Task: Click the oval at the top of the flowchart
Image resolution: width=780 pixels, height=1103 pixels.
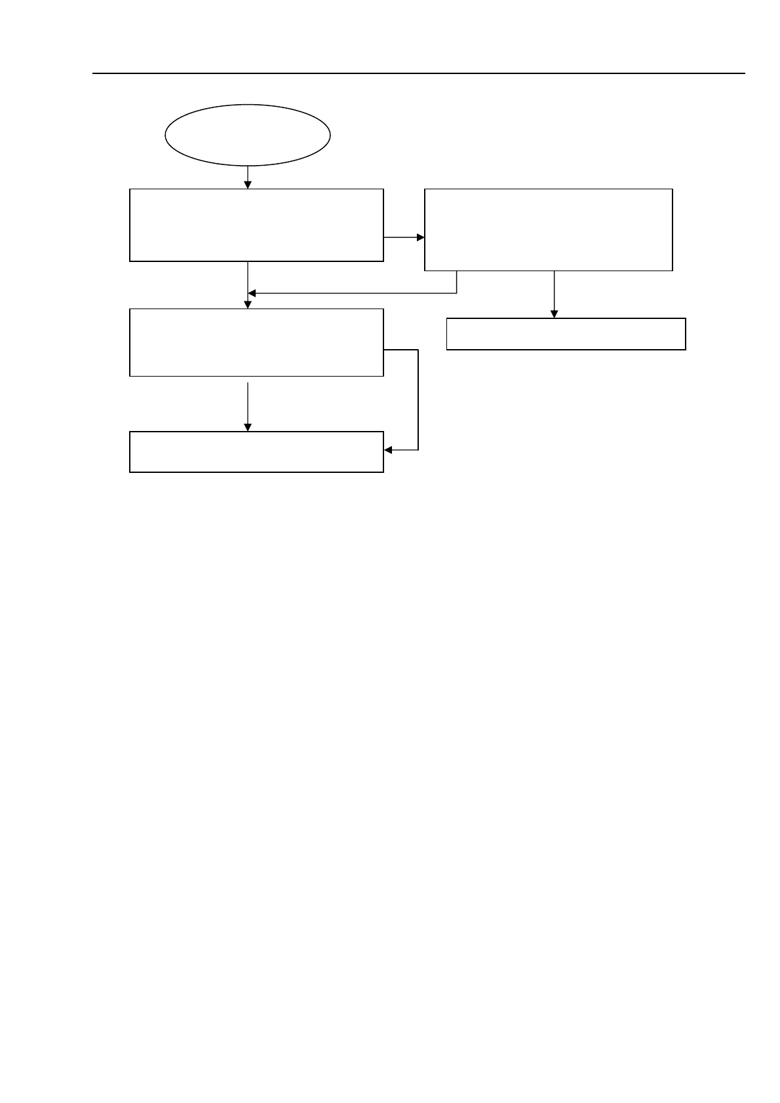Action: tap(247, 135)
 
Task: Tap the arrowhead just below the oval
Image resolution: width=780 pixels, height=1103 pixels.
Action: tap(248, 185)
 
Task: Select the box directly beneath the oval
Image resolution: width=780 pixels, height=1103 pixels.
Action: tap(256, 225)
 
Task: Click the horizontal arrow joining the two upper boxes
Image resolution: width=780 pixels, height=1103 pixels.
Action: tap(404, 237)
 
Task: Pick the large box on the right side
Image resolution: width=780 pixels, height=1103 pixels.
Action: tap(549, 229)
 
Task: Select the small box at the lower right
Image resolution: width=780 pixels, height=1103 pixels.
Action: tap(566, 334)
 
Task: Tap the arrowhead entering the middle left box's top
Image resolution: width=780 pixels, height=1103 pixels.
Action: tap(248, 305)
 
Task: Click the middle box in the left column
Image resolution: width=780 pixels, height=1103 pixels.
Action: tap(256, 342)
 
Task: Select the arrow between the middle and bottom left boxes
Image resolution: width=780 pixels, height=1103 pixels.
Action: tap(248, 406)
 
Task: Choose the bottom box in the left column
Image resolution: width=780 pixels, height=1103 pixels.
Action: tap(256, 452)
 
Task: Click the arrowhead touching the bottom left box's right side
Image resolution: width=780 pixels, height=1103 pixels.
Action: tap(387, 450)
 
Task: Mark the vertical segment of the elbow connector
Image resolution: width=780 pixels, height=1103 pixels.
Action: tap(418, 400)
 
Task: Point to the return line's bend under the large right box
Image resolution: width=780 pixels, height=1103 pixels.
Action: tap(456, 293)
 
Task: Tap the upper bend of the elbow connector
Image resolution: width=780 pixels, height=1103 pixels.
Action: tap(418, 350)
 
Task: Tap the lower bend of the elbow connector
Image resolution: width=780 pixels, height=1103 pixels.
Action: tap(418, 450)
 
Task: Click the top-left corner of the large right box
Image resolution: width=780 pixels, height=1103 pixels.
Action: tap(425, 189)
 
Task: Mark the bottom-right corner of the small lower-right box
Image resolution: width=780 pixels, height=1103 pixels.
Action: tap(686, 349)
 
